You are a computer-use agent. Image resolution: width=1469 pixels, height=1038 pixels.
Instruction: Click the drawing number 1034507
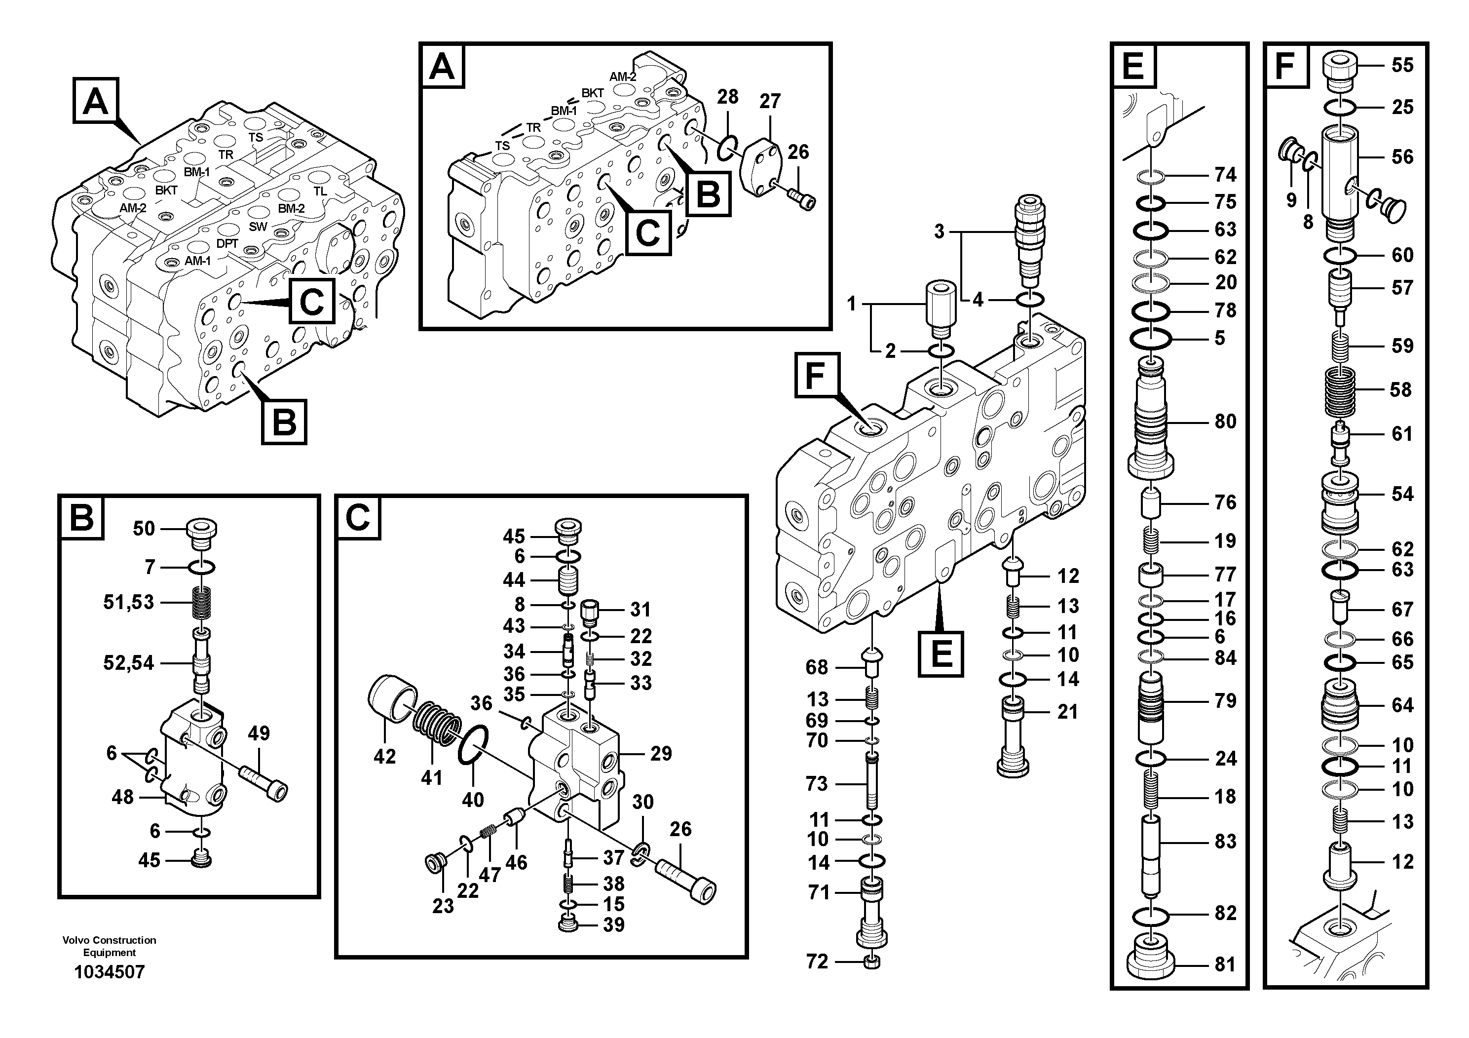[x=110, y=972]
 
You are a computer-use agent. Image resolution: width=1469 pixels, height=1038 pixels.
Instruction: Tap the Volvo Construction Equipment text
[x=110, y=946]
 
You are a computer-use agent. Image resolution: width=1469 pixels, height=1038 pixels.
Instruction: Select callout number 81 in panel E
[x=1225, y=964]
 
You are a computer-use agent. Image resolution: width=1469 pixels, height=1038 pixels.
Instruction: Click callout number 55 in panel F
[x=1402, y=65]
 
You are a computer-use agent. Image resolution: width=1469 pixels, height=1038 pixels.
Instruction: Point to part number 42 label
[x=384, y=757]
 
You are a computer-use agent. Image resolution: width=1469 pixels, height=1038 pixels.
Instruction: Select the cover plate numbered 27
[x=764, y=164]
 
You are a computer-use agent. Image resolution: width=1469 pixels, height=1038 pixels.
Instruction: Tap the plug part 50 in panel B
[x=201, y=533]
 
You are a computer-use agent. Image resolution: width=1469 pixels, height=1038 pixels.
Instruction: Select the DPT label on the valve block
[x=226, y=244]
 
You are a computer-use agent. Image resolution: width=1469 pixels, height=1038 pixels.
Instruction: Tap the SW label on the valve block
[x=258, y=227]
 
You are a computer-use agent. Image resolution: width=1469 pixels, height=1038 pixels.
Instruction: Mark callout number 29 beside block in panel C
[x=661, y=753]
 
